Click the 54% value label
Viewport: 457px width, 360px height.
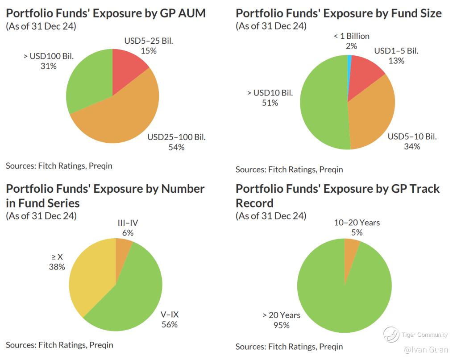[x=176, y=147]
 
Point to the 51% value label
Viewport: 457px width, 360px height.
[x=270, y=103]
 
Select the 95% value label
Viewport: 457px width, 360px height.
[x=281, y=325]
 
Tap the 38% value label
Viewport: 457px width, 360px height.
[x=57, y=267]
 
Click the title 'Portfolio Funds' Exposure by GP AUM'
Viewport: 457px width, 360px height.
[x=106, y=13]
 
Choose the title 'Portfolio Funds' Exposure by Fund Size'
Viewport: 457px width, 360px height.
[x=338, y=13]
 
